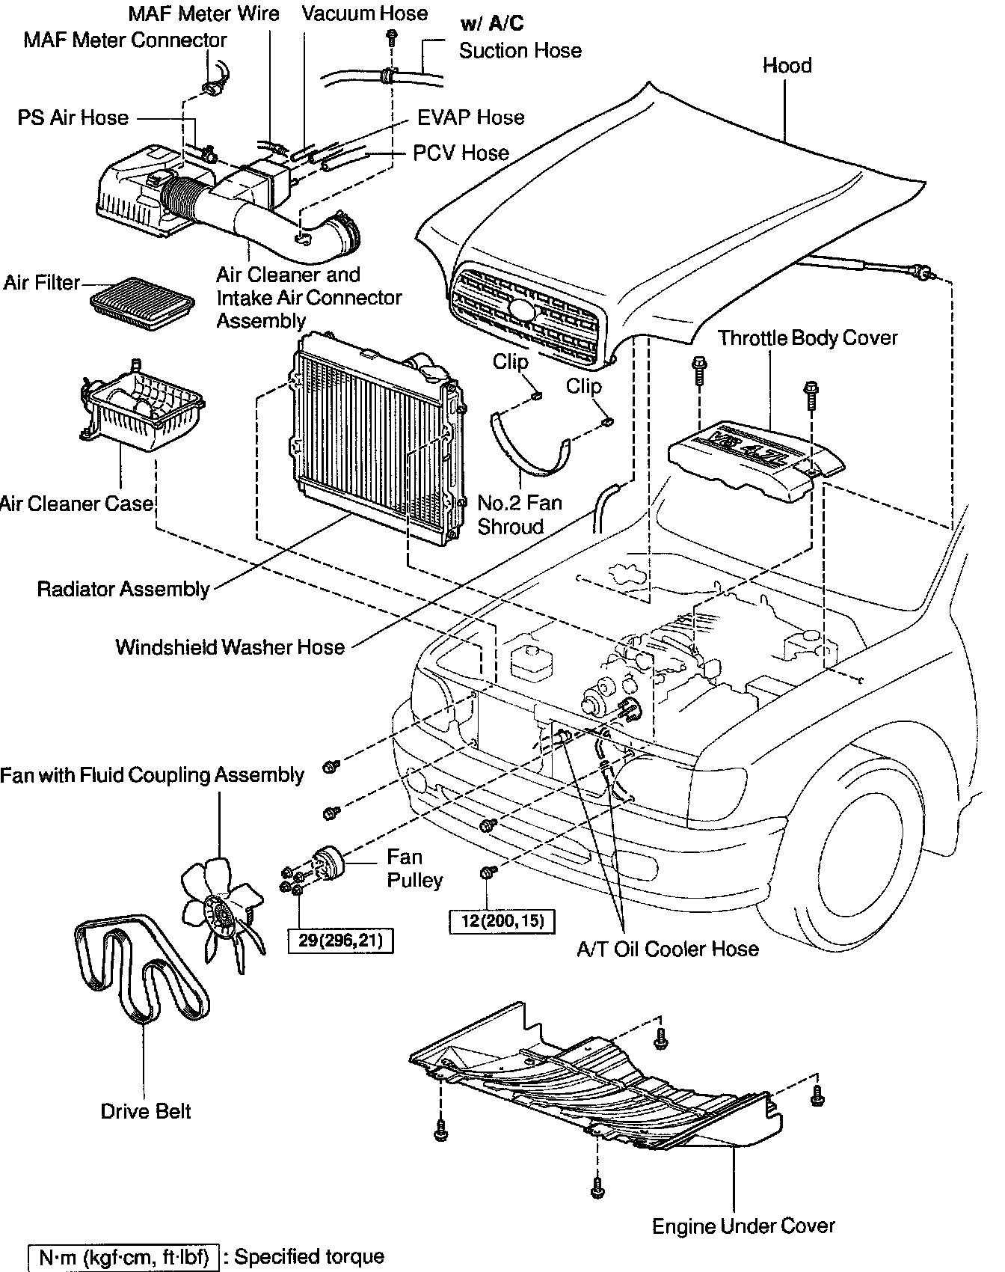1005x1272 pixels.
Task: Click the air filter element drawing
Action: tap(142, 304)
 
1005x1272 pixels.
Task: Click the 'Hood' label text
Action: tap(787, 66)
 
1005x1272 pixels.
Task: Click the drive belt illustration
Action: tap(142, 973)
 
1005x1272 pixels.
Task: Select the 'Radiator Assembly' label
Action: tap(123, 590)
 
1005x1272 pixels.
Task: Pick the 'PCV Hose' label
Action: tap(461, 153)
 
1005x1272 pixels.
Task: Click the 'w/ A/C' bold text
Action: tap(492, 24)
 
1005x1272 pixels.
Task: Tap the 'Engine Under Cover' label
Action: tap(743, 1226)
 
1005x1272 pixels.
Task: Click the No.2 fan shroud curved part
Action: tap(523, 449)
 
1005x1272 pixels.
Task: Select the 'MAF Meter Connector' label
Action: tap(125, 40)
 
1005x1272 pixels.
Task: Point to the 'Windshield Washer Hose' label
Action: tap(230, 647)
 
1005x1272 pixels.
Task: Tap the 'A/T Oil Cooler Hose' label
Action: tap(668, 949)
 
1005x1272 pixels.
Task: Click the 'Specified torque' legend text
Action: tap(309, 1256)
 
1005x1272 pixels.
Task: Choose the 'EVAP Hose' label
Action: tap(470, 117)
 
